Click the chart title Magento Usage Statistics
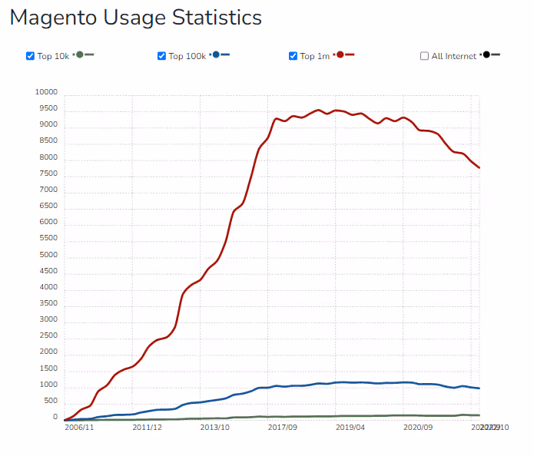(136, 18)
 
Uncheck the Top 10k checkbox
(30, 56)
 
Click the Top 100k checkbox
(161, 56)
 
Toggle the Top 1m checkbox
(293, 56)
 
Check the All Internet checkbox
(424, 56)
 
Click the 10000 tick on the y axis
(46, 92)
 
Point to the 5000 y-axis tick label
(48, 255)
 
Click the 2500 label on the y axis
(48, 336)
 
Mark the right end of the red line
(479, 167)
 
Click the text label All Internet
(454, 56)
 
